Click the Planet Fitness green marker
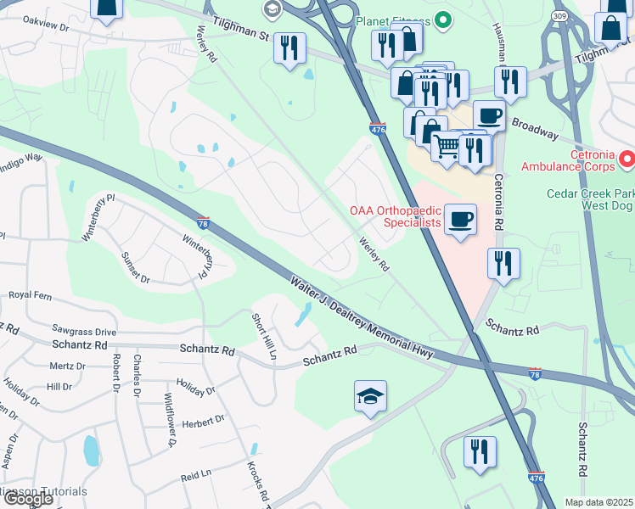[442, 20]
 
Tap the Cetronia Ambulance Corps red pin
[627, 158]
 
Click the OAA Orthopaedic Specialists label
[396, 216]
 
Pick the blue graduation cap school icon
[370, 396]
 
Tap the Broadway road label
[534, 128]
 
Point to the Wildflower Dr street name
[171, 425]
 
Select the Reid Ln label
[196, 478]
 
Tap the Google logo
[28, 499]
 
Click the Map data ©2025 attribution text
[598, 502]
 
